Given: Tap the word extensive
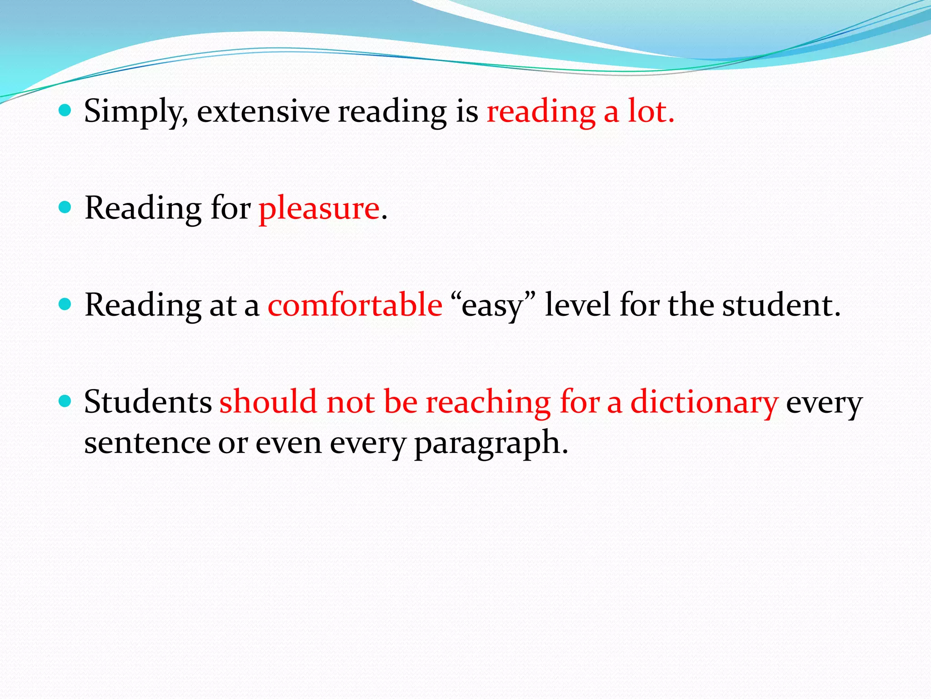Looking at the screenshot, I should point(263,111).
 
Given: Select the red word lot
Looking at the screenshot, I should point(651,111).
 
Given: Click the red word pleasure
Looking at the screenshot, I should point(319,208).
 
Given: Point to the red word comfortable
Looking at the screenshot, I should point(355,305).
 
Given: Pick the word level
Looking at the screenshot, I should point(577,305).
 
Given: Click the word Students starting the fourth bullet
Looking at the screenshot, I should point(148,402).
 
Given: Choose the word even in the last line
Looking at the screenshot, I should point(288,443).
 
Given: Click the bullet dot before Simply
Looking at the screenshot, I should point(65,110).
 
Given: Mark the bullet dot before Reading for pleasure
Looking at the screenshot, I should point(65,208).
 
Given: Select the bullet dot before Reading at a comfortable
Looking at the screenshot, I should point(65,304).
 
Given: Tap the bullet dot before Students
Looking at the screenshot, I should point(65,401).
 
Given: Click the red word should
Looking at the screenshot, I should point(268,402).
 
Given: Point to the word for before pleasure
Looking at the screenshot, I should point(230,208).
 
